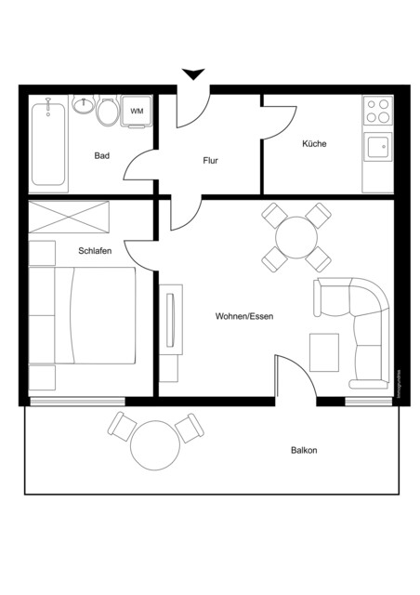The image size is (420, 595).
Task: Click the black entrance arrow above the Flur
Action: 192,74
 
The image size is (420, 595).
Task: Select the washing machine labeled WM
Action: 137,112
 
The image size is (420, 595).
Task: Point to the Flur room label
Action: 210,161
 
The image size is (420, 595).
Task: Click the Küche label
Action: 314,144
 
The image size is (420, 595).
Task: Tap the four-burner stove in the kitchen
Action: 377,112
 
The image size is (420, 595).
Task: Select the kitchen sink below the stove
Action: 377,147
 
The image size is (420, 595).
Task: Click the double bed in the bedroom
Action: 84,316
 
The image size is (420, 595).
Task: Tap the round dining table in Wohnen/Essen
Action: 296,238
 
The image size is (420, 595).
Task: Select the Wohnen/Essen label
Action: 243,316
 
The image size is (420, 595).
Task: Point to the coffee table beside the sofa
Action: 324,350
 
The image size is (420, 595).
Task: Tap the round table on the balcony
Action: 154,445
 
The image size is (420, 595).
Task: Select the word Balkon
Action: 304,451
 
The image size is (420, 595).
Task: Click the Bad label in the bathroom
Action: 102,155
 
